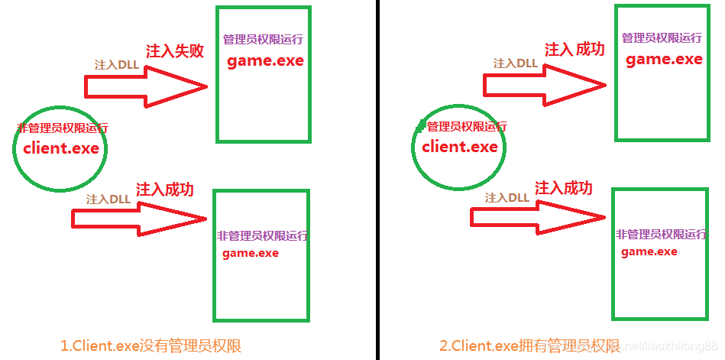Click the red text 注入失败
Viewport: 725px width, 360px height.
175,51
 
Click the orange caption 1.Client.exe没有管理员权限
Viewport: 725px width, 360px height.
151,345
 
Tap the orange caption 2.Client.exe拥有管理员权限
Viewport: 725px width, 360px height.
529,345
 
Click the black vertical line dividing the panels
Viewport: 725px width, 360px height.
377,180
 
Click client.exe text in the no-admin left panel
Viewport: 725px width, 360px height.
61,148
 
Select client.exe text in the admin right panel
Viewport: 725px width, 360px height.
460,147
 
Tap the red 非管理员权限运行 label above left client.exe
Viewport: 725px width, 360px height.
63,128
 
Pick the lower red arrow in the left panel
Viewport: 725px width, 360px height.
138,218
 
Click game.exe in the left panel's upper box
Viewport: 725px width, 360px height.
265,61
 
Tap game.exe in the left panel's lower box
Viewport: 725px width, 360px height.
251,253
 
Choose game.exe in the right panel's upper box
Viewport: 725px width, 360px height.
664,60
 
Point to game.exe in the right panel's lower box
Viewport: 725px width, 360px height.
649,251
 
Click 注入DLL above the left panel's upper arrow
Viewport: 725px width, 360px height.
116,65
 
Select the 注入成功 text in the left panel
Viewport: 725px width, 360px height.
165,190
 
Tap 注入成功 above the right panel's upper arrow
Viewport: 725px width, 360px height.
574,50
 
